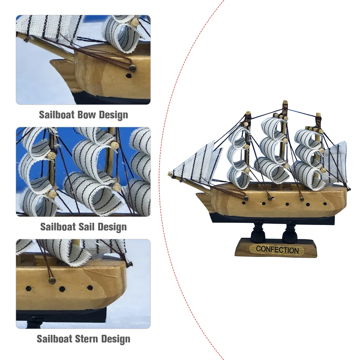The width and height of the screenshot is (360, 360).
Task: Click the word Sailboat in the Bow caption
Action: point(57,115)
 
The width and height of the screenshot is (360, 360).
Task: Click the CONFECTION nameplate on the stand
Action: point(277,250)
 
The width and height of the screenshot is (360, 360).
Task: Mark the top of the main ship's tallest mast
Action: point(284,103)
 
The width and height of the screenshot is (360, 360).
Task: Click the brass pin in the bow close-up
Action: point(133,68)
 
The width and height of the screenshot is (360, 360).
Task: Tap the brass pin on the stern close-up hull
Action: point(52,280)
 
